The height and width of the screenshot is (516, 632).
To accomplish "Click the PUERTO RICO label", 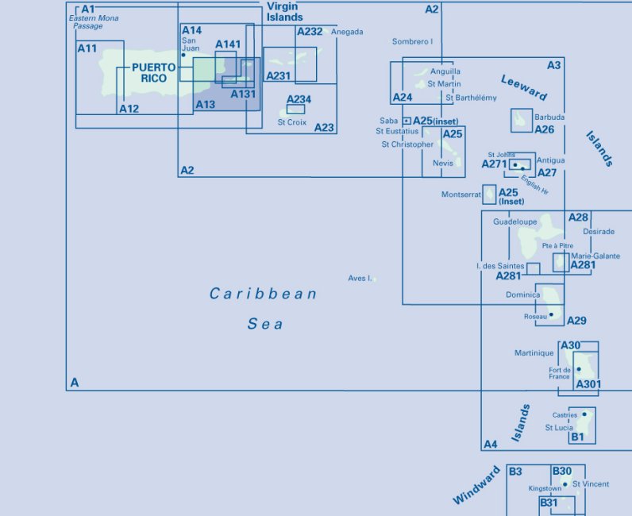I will [154, 73].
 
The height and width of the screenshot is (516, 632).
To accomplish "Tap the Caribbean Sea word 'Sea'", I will [265, 324].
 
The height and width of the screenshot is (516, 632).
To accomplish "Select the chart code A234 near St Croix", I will [299, 99].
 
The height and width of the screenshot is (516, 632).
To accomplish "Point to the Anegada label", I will [347, 32].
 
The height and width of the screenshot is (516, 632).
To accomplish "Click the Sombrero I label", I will [413, 41].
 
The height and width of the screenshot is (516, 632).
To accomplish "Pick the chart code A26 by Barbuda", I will [544, 129].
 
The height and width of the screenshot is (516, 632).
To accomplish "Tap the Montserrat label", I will [461, 194].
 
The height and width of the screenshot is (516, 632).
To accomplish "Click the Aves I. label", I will [360, 279].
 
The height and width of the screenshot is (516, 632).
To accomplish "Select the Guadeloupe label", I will [515, 222].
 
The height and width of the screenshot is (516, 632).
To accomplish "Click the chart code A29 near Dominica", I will [577, 321].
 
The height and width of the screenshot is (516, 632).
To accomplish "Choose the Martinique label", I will [534, 353].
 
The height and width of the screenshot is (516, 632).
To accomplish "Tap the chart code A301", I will [588, 385].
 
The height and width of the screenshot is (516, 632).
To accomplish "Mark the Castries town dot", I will [584, 414].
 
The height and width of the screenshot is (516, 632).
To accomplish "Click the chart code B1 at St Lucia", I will [577, 437].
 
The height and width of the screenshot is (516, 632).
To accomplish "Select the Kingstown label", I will [545, 489].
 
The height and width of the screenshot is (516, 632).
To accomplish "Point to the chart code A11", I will [87, 48].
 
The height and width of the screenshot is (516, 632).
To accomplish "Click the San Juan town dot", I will [183, 56].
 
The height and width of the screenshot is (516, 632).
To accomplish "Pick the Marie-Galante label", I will [595, 256].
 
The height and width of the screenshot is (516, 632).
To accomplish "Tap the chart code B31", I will [549, 503].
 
